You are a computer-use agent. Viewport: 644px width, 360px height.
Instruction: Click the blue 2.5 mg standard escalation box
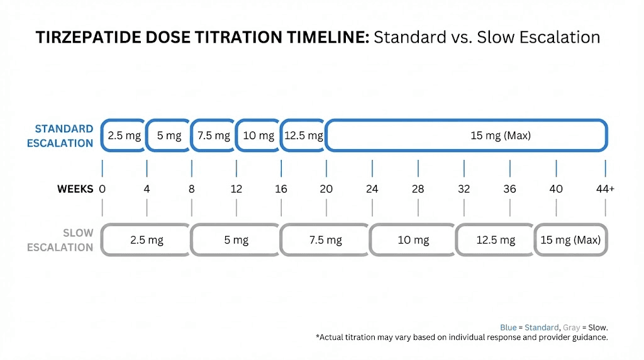click(x=124, y=135)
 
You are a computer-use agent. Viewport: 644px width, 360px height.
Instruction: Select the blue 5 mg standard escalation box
click(x=169, y=135)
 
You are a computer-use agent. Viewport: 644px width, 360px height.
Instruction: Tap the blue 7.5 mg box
click(x=213, y=135)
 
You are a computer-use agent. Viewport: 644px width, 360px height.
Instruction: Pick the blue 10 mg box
click(x=258, y=135)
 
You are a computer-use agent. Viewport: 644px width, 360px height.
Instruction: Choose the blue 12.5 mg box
click(x=303, y=135)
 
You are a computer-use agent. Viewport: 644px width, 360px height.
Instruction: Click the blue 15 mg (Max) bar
click(x=466, y=135)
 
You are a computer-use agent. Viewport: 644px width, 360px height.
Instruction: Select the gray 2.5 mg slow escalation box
click(x=146, y=240)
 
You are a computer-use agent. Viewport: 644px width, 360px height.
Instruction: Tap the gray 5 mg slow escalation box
click(x=235, y=240)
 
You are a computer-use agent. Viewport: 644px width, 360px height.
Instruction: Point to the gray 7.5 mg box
click(x=325, y=240)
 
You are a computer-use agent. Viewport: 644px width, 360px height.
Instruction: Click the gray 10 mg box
click(x=413, y=240)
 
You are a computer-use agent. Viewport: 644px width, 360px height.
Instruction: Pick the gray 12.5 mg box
click(x=495, y=240)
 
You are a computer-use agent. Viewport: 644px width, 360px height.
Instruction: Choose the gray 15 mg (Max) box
click(x=571, y=240)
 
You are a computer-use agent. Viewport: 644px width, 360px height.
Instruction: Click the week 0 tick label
click(x=102, y=189)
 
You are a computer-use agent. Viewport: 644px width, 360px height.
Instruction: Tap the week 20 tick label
click(x=326, y=189)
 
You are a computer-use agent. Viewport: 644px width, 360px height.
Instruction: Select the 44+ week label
click(x=606, y=189)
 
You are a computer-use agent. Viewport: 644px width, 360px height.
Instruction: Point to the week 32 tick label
click(x=464, y=189)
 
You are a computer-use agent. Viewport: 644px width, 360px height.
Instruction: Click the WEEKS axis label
click(x=75, y=189)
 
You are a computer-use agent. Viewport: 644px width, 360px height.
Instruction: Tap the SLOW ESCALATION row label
click(x=60, y=240)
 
